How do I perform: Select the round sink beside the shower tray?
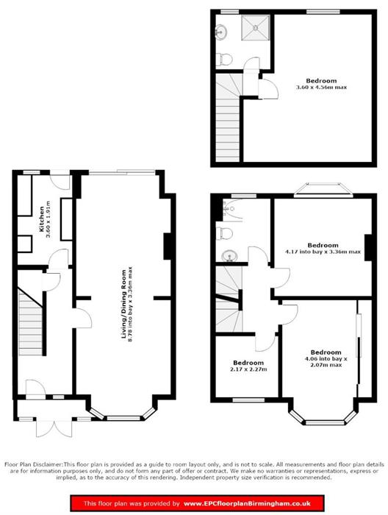coord(222,31)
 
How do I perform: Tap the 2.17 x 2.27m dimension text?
coord(248,370)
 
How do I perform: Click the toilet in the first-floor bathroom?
coord(225,233)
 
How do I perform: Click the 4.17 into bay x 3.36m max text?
coord(323,252)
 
